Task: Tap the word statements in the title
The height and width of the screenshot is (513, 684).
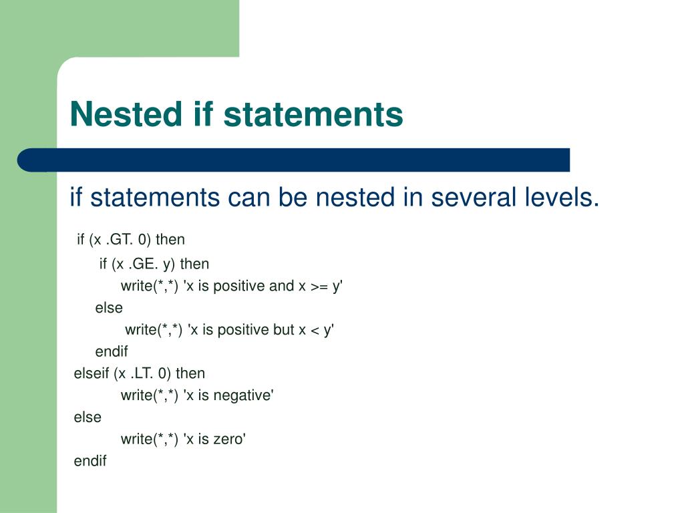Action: pyautogui.click(x=313, y=114)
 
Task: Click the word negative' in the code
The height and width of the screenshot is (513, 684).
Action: pyautogui.click(x=246, y=395)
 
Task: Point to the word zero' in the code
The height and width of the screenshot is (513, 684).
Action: pyautogui.click(x=230, y=440)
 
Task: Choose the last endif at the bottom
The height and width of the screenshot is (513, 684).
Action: pyautogui.click(x=90, y=461)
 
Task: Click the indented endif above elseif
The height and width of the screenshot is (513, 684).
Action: pyautogui.click(x=112, y=351)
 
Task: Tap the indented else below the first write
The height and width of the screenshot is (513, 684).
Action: pyautogui.click(x=109, y=308)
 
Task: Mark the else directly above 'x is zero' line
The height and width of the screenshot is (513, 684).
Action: pyautogui.click(x=88, y=417)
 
